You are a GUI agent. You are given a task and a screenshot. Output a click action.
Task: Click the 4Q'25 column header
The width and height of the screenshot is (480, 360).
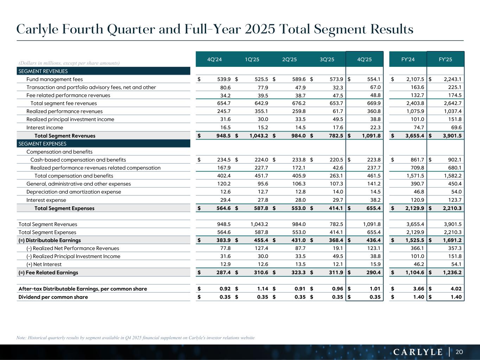click(x=364, y=59)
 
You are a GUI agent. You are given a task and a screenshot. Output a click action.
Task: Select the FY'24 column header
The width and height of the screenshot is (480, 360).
click(x=408, y=59)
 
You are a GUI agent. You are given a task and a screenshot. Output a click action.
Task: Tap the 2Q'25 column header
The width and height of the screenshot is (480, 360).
click(x=289, y=59)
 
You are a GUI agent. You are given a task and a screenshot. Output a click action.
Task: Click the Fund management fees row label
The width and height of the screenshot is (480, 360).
click(x=55, y=79)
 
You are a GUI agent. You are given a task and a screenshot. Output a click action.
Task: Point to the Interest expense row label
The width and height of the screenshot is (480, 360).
click(x=46, y=200)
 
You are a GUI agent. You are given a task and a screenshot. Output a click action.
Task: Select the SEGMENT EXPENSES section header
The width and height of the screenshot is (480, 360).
click(x=42, y=144)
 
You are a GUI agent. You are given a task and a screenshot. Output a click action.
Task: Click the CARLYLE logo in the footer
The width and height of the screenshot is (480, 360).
click(x=418, y=352)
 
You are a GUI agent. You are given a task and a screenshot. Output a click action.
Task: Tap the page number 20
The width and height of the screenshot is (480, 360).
click(x=459, y=352)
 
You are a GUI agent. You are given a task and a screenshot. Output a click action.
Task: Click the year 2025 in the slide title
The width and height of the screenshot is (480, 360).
click(x=258, y=29)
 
